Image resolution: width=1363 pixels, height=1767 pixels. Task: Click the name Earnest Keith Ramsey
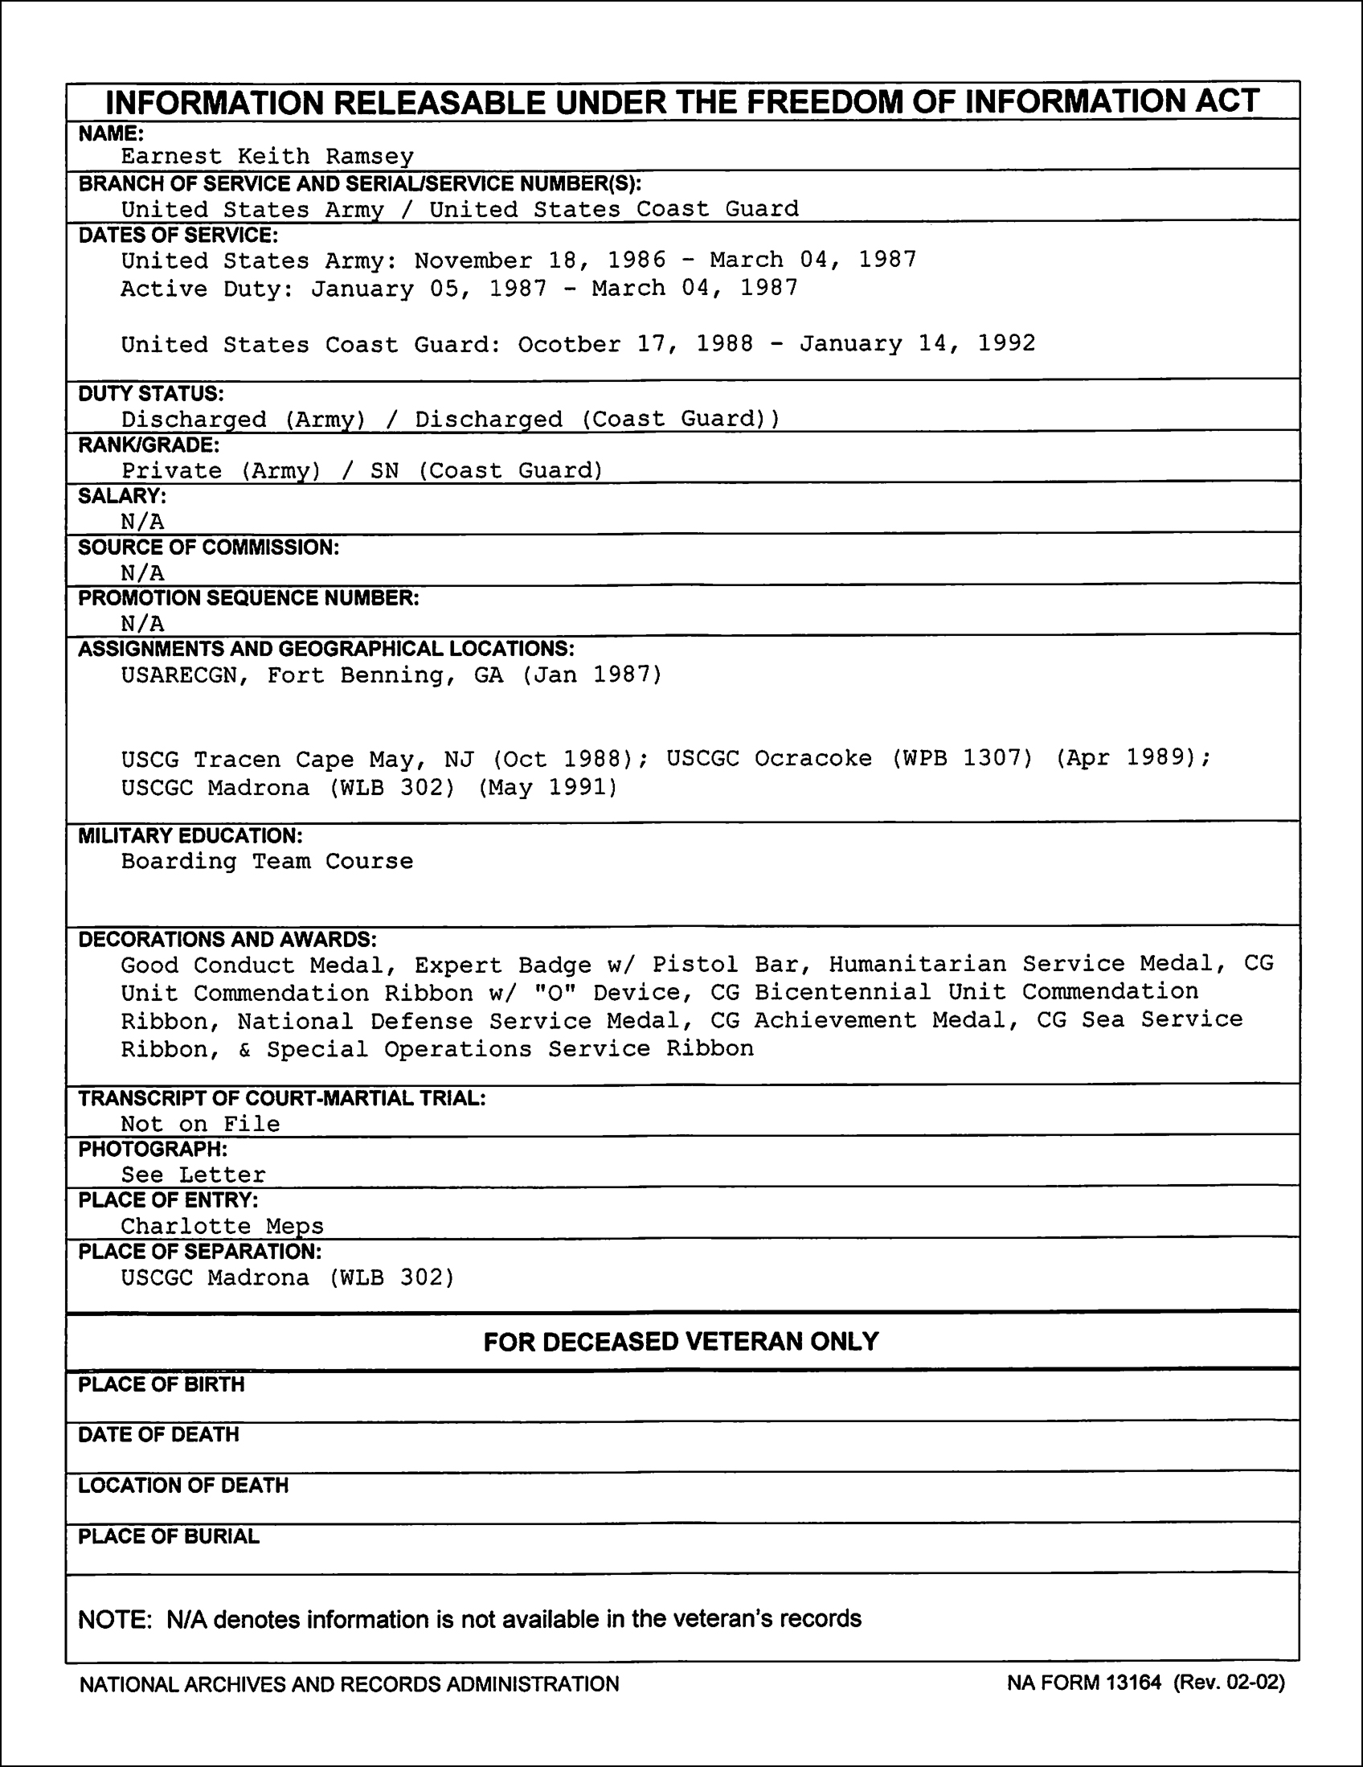click(x=267, y=156)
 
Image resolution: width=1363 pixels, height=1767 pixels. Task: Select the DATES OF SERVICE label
click(x=178, y=236)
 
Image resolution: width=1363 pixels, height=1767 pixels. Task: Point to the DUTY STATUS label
click(x=151, y=394)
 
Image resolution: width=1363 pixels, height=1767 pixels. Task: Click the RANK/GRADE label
click(x=149, y=445)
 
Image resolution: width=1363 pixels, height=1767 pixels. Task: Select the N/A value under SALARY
click(x=142, y=522)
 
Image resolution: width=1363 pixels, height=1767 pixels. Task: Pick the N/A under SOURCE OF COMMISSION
click(x=142, y=573)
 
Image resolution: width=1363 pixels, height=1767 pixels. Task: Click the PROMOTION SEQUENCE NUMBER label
click(x=248, y=598)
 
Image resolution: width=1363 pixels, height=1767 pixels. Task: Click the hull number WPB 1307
click(x=962, y=759)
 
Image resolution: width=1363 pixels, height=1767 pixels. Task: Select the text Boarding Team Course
click(x=267, y=861)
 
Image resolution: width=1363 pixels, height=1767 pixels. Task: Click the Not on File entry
click(x=201, y=1124)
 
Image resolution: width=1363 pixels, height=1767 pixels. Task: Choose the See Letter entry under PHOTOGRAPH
click(x=194, y=1175)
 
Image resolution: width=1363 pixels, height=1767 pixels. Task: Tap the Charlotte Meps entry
click(x=223, y=1227)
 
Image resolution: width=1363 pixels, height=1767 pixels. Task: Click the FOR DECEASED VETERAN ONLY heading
click(x=681, y=1342)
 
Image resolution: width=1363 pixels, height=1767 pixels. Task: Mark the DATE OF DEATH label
click(x=158, y=1434)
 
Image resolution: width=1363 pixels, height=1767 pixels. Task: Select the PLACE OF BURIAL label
click(x=169, y=1536)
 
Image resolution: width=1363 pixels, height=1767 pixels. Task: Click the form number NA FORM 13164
click(x=1084, y=1683)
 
